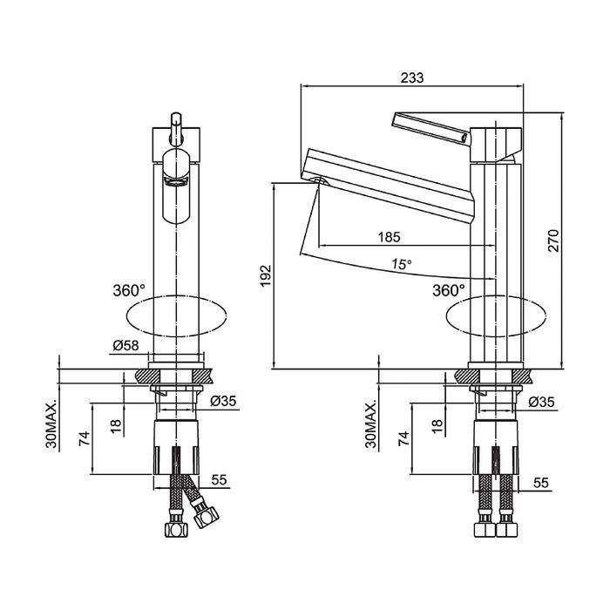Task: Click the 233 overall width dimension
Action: click(412, 78)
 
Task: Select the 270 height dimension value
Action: click(553, 241)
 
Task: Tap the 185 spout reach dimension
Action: click(389, 237)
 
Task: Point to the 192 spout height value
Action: click(265, 276)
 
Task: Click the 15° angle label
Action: click(401, 265)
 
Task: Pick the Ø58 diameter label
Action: click(125, 345)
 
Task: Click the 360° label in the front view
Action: click(129, 290)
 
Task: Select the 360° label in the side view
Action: click(449, 290)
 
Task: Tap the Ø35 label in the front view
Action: click(223, 401)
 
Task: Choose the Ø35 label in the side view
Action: click(541, 402)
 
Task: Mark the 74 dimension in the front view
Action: click(85, 438)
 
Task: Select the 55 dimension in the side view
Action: click(541, 483)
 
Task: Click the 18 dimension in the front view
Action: click(116, 427)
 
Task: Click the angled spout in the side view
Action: click(389, 185)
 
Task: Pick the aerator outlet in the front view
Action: click(176, 181)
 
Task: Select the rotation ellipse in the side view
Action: click(496, 315)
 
